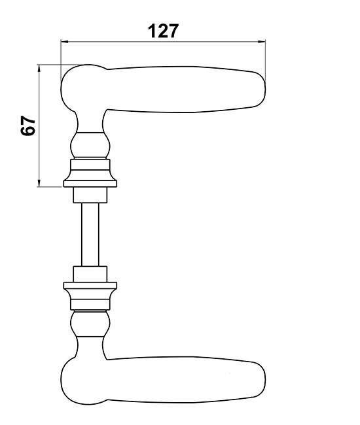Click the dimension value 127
pyautogui.click(x=164, y=31)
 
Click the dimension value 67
pyautogui.click(x=28, y=126)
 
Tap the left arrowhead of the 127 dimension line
pyautogui.click(x=65, y=41)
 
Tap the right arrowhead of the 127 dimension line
pyautogui.click(x=262, y=41)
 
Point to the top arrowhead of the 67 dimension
pyautogui.click(x=39, y=68)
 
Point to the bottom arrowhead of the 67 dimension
pyautogui.click(x=39, y=183)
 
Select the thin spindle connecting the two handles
pyautogui.click(x=90, y=235)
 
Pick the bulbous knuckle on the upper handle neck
pyautogui.click(x=90, y=145)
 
